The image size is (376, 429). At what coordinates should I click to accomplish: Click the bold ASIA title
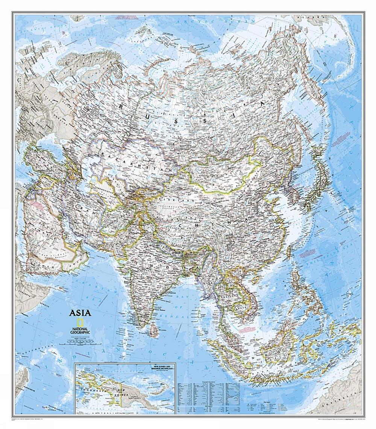click(80, 313)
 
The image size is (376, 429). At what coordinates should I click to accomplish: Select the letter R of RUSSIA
click(121, 107)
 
